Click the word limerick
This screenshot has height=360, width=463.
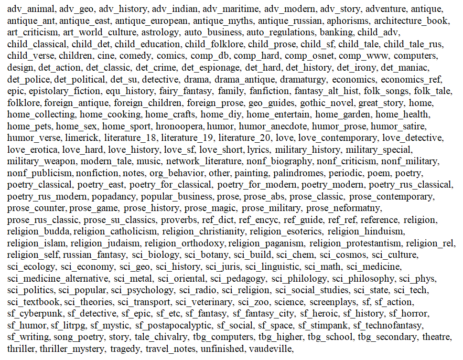point(84,137)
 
